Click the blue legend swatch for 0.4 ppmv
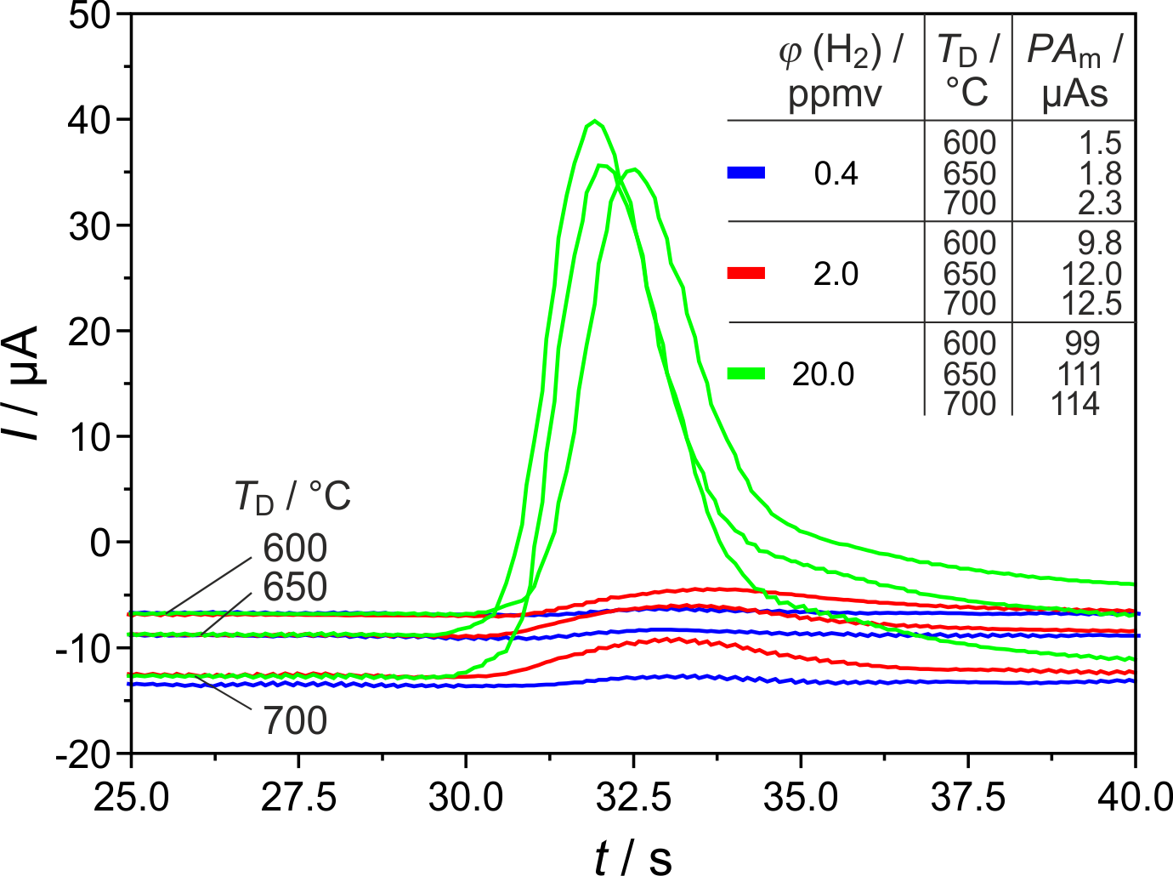point(746,173)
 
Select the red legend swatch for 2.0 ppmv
point(746,273)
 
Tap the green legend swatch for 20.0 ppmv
point(746,373)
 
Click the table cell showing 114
point(1075,403)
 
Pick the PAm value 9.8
point(1100,243)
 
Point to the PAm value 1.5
point(1100,143)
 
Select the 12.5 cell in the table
point(1091,303)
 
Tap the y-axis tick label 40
point(89,120)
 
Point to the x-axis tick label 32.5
point(632,798)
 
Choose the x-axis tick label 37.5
point(967,798)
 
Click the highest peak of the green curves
point(595,122)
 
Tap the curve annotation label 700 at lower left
point(295,721)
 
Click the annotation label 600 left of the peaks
point(295,549)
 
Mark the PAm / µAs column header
point(1074,72)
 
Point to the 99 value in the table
point(1082,343)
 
